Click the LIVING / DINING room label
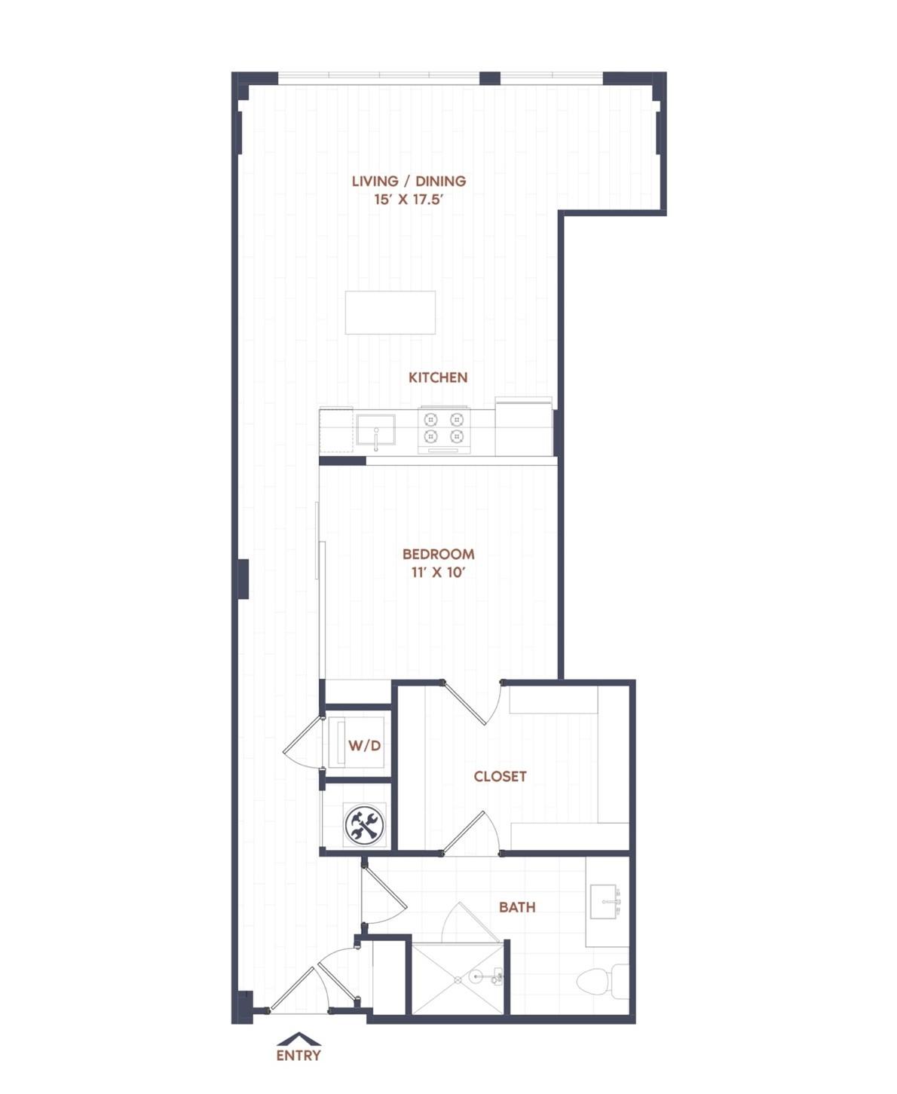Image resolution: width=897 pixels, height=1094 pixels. click(409, 181)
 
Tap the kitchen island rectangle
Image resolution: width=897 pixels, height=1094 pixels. click(390, 312)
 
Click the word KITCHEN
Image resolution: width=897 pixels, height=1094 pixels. click(438, 377)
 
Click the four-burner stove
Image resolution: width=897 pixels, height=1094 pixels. click(444, 429)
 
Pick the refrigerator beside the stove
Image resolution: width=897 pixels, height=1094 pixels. click(523, 427)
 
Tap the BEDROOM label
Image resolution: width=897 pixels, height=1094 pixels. click(439, 554)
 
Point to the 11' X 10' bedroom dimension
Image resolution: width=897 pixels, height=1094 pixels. click(439, 573)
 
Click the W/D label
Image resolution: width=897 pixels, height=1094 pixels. click(364, 746)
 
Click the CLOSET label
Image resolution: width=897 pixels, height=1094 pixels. click(500, 777)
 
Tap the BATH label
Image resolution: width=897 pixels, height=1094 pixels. click(517, 907)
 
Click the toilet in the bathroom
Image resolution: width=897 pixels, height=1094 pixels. click(603, 981)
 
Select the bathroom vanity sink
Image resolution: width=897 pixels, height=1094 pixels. click(605, 902)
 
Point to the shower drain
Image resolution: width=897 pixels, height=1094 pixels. click(458, 980)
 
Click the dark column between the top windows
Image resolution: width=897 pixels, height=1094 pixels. click(489, 78)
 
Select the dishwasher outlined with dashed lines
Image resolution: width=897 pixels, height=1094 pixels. click(336, 429)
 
